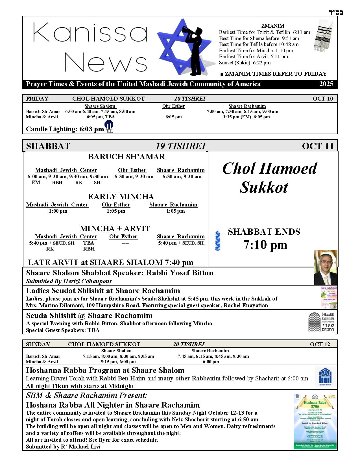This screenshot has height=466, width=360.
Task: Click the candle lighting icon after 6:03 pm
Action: point(109,127)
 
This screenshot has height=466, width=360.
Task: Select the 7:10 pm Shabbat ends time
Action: point(265,245)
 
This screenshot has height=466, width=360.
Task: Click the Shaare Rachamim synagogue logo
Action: point(321,322)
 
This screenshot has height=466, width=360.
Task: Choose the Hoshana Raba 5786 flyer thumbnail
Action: point(315,421)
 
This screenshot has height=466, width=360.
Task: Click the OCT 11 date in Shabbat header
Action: point(318,146)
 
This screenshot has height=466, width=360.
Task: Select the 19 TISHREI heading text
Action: point(180,146)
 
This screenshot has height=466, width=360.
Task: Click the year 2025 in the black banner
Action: point(326,84)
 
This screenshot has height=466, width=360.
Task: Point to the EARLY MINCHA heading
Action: point(121,197)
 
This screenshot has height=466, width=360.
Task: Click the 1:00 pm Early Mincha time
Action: point(58,211)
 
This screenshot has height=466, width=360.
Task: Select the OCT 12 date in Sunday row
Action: point(320,344)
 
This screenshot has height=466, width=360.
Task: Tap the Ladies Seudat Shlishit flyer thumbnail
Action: point(329,297)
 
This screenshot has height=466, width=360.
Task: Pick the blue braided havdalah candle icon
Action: point(218,241)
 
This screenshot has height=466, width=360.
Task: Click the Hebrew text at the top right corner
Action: point(336,12)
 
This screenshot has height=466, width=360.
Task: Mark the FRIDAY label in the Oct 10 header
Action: point(37,99)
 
